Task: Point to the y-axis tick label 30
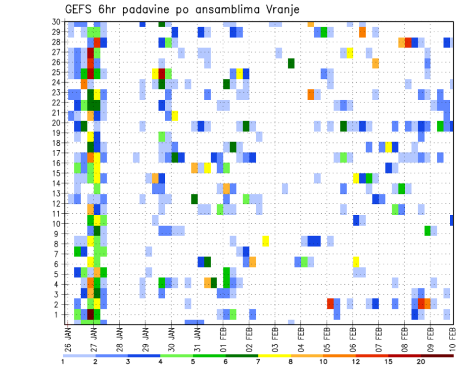pyautogui.click(x=56, y=22)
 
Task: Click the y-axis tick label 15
pyautogui.click(x=56, y=173)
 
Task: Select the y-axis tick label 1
pyautogui.click(x=58, y=314)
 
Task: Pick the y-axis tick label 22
pyautogui.click(x=56, y=102)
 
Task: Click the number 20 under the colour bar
pyautogui.click(x=421, y=362)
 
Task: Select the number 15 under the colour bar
pyautogui.click(x=388, y=362)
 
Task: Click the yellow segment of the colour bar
pyautogui.click(x=274, y=355)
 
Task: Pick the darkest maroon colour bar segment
pyautogui.click(x=437, y=355)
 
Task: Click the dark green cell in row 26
pyautogui.click(x=291, y=63)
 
